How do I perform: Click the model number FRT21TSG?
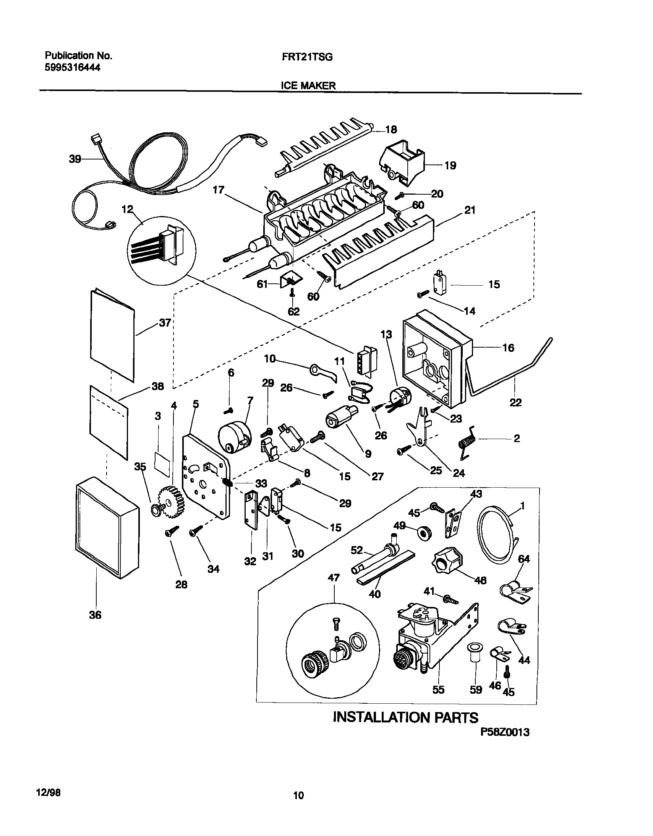click(x=307, y=57)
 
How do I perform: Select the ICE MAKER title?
click(x=308, y=86)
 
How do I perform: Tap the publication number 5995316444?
click(x=73, y=68)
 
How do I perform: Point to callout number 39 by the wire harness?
click(x=75, y=158)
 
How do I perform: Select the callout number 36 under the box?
click(x=95, y=615)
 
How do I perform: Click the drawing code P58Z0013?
click(x=505, y=732)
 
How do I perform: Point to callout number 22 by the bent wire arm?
click(x=515, y=402)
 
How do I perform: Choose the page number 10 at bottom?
click(x=298, y=795)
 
